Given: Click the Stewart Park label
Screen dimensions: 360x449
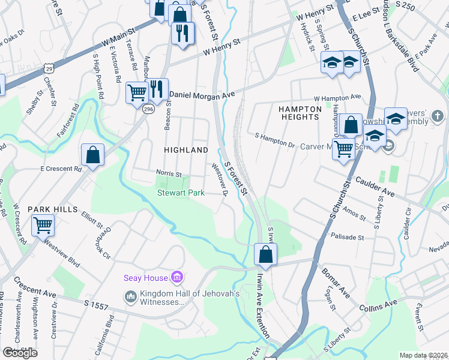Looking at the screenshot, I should (181, 193).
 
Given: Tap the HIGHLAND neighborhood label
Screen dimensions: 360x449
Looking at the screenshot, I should (186, 149).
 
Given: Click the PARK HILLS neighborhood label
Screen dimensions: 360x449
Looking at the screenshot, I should (52, 209).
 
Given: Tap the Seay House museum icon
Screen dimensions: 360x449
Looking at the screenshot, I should (177, 277).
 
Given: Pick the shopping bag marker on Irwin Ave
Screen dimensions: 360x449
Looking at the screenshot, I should (265, 254).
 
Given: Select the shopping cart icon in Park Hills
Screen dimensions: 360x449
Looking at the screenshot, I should (43, 226).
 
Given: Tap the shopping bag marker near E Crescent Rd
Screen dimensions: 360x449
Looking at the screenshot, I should (93, 155).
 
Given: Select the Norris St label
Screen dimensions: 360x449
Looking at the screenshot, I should (169, 174).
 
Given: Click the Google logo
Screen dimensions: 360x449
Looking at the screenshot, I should (20, 352).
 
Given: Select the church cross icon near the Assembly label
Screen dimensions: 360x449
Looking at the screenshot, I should (438, 115).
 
